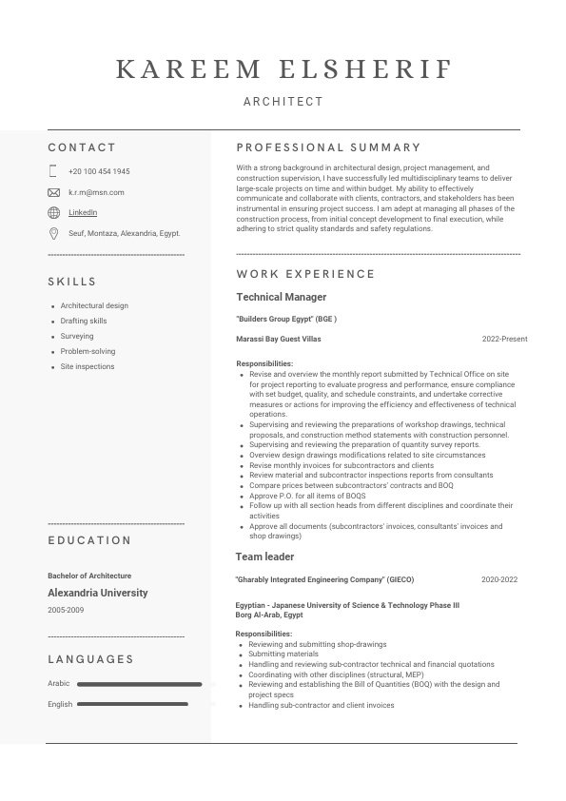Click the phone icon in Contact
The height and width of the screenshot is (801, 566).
coord(53,171)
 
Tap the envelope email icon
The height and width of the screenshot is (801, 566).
coord(53,192)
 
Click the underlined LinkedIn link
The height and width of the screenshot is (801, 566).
coord(83,212)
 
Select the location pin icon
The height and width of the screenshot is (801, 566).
coord(53,233)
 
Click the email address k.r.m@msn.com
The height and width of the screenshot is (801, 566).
coord(96,192)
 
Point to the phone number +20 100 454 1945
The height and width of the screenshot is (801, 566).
coord(99,171)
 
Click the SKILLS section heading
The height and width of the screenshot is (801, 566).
coord(72,282)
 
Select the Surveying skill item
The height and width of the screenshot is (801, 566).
coord(77,336)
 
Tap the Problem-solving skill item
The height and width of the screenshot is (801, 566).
coord(88,351)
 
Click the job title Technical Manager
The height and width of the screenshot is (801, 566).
coord(281,297)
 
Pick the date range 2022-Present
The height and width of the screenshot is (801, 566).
coord(504,339)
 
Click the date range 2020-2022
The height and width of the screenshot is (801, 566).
coord(499,579)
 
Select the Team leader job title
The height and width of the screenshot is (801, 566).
coord(264,557)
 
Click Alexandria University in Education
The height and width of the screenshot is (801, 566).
coord(98,593)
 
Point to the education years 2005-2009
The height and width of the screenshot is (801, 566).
coord(66,610)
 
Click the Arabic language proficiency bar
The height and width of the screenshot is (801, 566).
coord(139,684)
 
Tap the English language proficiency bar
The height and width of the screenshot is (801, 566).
coord(139,704)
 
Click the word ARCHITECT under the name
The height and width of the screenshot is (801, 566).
coord(283,101)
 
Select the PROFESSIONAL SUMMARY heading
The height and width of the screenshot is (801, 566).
coord(328,147)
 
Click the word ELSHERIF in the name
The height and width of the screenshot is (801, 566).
coord(365,68)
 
